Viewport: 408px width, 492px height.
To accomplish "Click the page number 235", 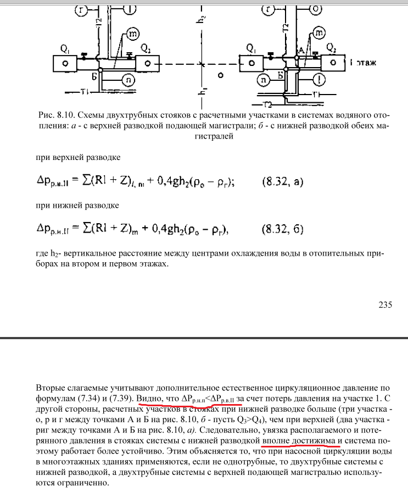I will point(385,305).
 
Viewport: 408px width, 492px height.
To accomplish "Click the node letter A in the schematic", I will point(299,51).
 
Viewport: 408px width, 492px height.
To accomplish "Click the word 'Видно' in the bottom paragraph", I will point(149,397).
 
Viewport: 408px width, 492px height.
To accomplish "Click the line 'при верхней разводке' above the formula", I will point(77,157).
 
